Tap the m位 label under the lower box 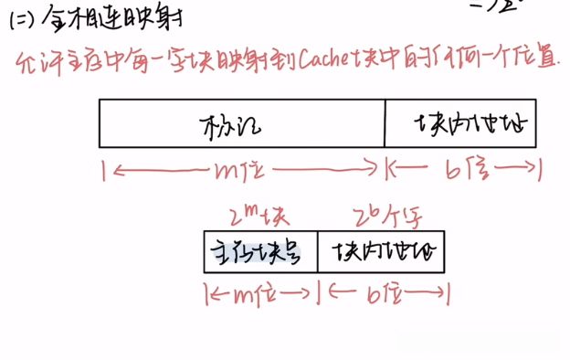point(259,294)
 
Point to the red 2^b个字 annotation point(380,217)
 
